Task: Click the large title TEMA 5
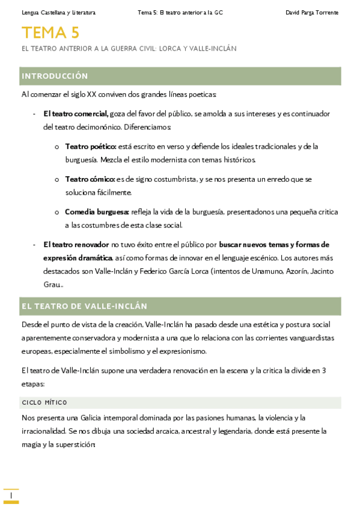(x=50, y=32)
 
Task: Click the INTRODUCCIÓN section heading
(x=55, y=76)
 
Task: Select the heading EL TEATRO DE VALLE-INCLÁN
(x=84, y=306)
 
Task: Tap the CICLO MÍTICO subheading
(x=44, y=402)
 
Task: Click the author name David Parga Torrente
(x=311, y=12)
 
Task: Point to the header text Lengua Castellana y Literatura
(x=58, y=12)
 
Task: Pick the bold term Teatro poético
(x=91, y=146)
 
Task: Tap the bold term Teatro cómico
(x=90, y=179)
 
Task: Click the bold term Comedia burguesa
(x=97, y=212)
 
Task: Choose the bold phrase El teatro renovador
(x=76, y=245)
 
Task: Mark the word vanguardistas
(x=304, y=338)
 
